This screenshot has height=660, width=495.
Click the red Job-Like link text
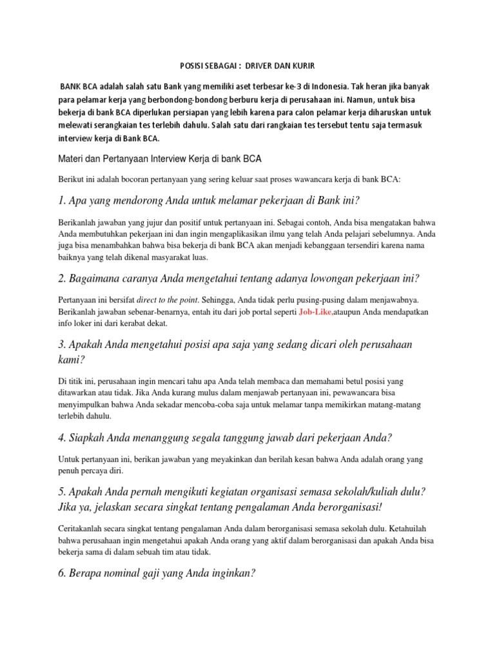pyautogui.click(x=316, y=311)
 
